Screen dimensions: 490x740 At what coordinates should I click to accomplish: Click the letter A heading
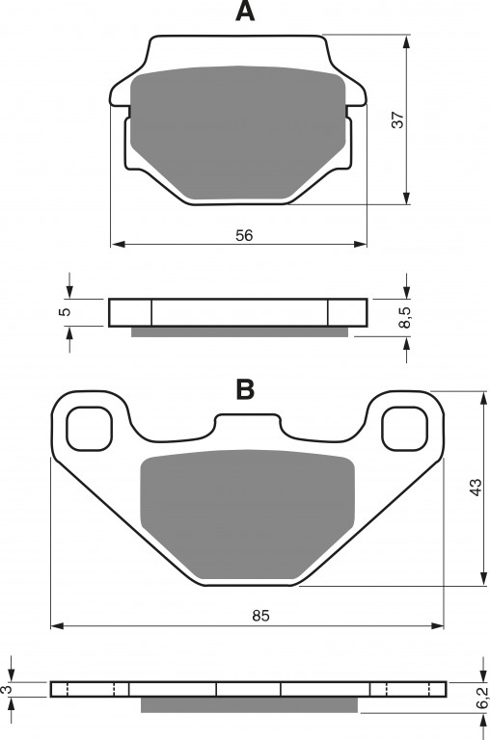click(245, 12)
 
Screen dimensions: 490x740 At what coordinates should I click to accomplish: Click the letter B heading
click(245, 389)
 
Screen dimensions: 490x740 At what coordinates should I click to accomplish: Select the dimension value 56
click(244, 235)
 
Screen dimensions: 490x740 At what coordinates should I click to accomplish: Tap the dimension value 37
click(398, 119)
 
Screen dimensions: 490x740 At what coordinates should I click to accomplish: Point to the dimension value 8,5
click(405, 317)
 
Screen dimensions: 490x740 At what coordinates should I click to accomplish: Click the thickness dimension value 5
click(66, 311)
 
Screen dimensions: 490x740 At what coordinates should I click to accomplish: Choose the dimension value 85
click(260, 616)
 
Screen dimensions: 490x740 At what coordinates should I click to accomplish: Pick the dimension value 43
click(476, 487)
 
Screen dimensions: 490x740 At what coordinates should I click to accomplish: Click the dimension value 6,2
click(481, 698)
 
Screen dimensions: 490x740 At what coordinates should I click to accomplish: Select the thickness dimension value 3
click(6, 690)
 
